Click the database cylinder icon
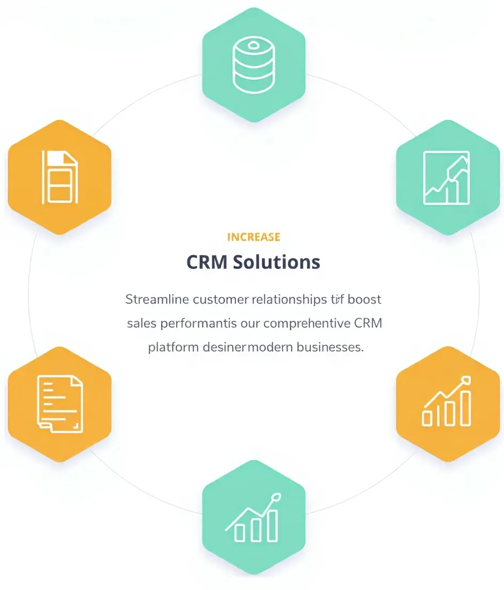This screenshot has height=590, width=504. (x=254, y=66)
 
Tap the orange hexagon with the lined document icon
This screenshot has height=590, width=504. (x=60, y=403)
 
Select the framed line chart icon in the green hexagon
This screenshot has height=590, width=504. (x=446, y=177)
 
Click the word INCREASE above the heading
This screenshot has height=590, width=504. (x=254, y=237)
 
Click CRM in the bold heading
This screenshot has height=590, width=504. (x=207, y=262)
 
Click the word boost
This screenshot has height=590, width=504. (x=364, y=299)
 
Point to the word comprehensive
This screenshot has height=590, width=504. (x=307, y=323)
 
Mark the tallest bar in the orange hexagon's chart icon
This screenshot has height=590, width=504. (x=466, y=408)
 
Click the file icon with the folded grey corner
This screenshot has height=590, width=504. (x=60, y=177)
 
